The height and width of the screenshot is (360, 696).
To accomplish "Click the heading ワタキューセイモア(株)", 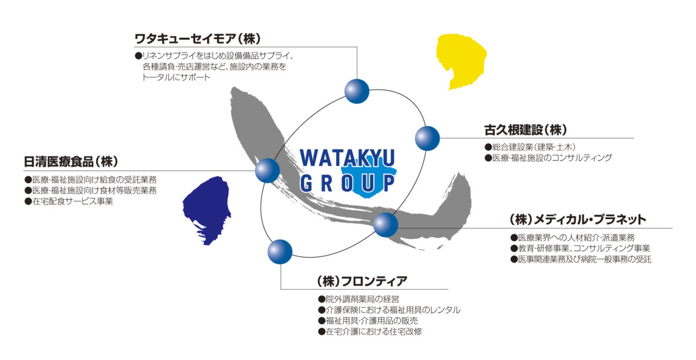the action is click(x=198, y=39).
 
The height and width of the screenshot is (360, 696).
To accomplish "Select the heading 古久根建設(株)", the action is click(x=525, y=130).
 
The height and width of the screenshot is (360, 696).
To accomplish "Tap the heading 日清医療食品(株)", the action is click(x=71, y=162).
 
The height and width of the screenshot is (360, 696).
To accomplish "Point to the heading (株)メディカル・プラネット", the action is click(x=578, y=220).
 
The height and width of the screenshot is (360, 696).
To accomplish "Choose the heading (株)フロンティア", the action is click(x=362, y=281).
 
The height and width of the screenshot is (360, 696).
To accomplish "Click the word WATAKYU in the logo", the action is click(x=347, y=158).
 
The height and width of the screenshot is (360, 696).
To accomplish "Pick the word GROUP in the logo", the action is click(x=347, y=183).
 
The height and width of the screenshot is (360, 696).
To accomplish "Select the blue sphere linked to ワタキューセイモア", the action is click(x=357, y=92).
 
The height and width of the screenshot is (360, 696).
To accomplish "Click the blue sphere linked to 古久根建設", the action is click(x=427, y=139).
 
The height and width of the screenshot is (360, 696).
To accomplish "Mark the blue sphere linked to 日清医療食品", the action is click(x=267, y=170).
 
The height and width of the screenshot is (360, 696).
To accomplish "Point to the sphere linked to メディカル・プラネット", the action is click(x=386, y=225).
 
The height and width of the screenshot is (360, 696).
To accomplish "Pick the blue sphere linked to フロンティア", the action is click(x=280, y=252).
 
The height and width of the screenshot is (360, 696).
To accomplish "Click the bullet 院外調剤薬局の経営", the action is click(x=358, y=299).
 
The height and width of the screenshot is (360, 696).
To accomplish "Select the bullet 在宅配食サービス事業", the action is click(x=68, y=201).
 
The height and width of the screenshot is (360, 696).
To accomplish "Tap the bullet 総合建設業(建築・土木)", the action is click(x=530, y=147).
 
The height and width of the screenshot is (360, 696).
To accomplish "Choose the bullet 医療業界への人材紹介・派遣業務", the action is click(x=572, y=238).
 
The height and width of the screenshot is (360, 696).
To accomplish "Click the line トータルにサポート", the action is click(x=176, y=77).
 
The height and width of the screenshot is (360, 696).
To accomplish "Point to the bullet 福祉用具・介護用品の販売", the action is click(x=368, y=321).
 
